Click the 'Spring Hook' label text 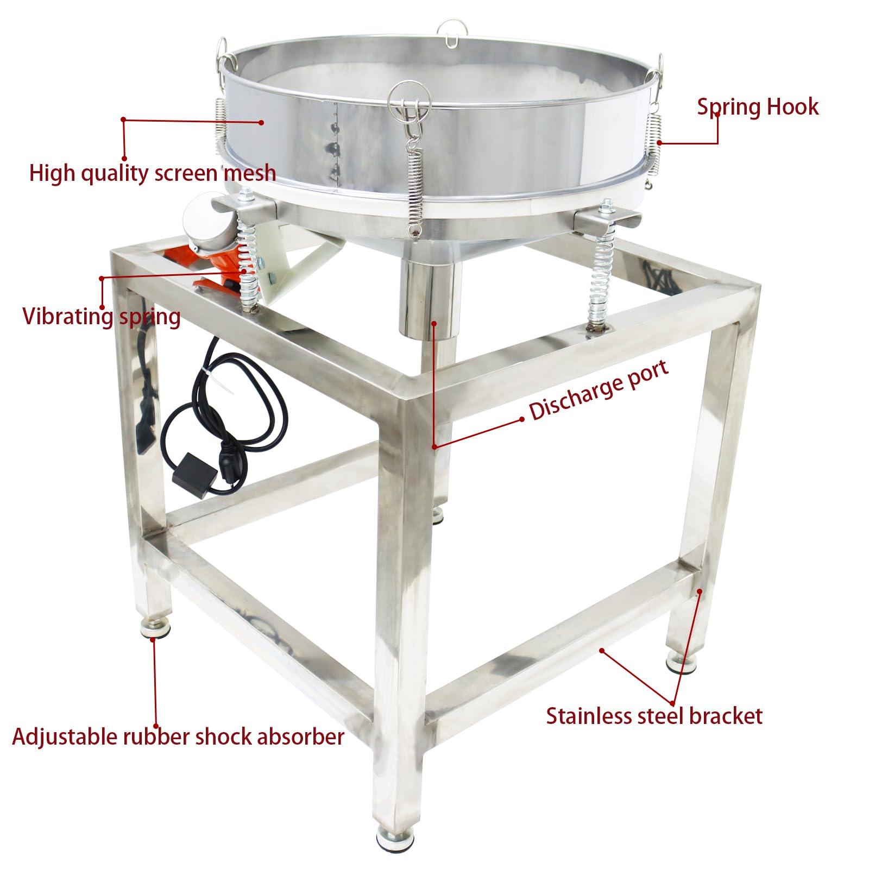(x=758, y=107)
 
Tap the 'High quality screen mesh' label (x=153, y=174)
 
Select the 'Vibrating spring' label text (x=102, y=316)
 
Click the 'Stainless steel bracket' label (x=654, y=716)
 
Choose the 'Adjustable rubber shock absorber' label (x=178, y=737)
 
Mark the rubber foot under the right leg (x=682, y=661)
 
